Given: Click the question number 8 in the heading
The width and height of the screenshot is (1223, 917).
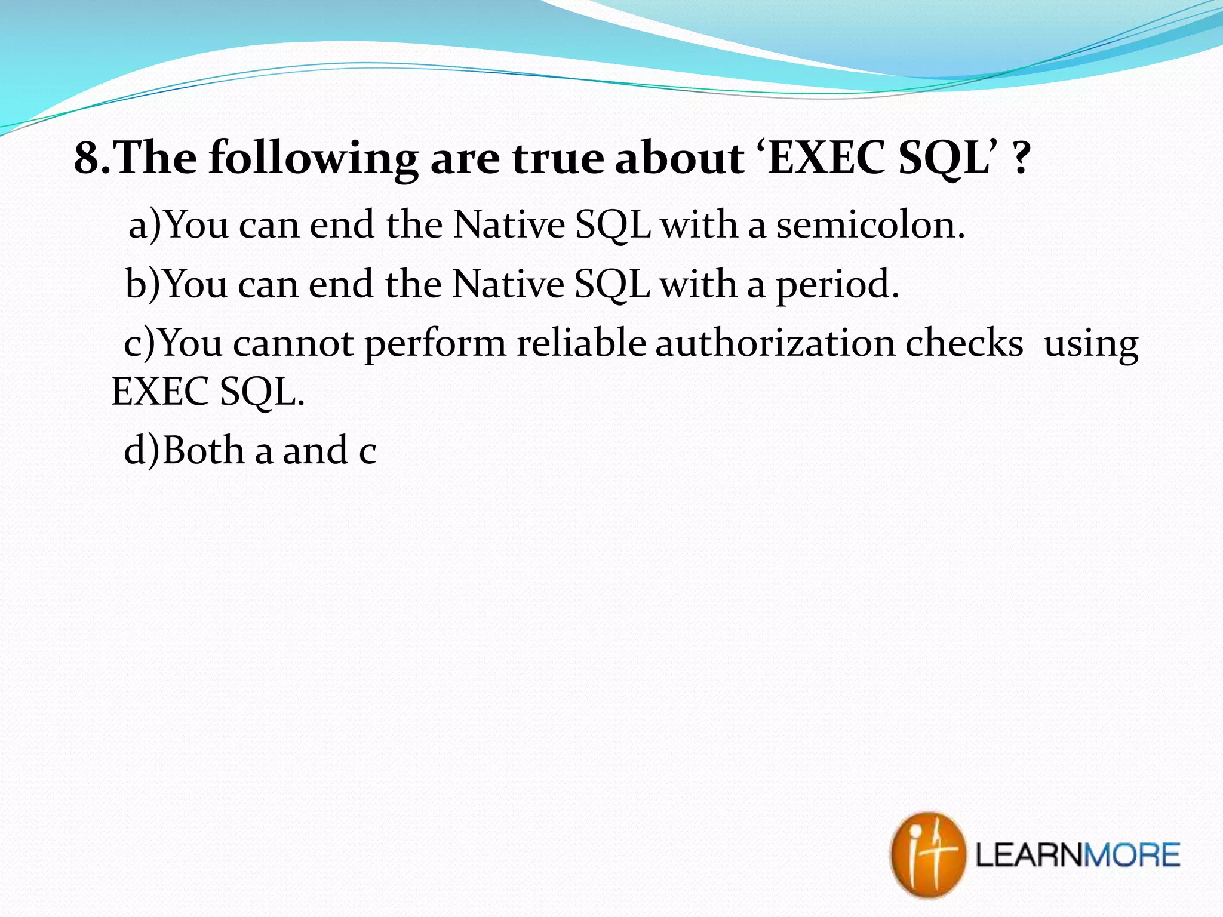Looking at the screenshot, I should (x=87, y=158).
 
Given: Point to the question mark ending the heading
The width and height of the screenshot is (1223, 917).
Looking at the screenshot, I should (x=1021, y=158).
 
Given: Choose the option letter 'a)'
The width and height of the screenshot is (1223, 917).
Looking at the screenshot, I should (x=145, y=225).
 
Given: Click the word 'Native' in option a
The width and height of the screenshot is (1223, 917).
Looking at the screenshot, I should (x=509, y=225).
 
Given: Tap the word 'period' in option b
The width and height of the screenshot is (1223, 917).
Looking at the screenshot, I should (x=836, y=285).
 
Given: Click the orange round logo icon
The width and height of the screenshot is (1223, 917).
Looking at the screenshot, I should (x=927, y=854).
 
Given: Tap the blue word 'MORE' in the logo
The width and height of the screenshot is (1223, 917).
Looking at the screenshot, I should (x=1131, y=855).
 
